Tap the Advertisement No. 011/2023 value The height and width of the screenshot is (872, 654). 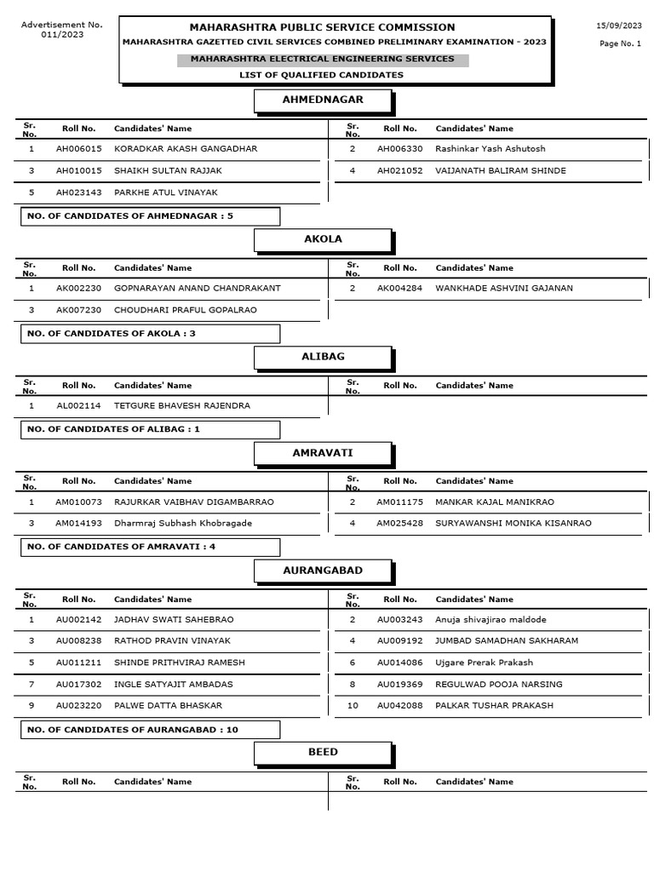click(62, 35)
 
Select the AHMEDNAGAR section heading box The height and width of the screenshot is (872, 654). click(323, 100)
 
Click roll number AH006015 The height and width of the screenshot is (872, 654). click(79, 149)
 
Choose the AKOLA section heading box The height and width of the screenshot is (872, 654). click(323, 240)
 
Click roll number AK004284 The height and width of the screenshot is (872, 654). click(400, 289)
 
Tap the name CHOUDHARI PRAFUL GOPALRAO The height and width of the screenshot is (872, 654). click(186, 311)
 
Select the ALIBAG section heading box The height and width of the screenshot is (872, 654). click(323, 358)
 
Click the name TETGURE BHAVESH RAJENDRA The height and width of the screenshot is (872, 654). click(182, 406)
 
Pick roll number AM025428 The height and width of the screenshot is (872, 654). click(400, 524)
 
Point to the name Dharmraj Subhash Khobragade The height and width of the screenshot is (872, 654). click(183, 524)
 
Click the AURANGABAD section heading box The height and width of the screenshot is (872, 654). click(323, 571)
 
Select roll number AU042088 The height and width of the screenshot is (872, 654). click(400, 706)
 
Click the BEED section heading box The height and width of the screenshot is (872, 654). click(323, 753)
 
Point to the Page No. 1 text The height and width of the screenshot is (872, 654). click(620, 44)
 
